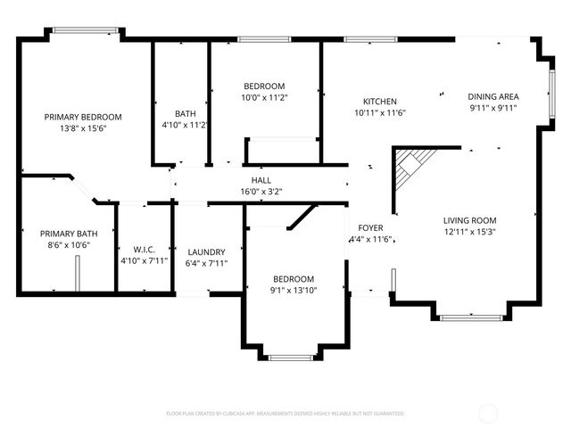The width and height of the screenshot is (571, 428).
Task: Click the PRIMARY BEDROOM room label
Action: [x=83, y=117]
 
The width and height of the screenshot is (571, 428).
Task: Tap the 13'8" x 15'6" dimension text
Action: [x=83, y=128]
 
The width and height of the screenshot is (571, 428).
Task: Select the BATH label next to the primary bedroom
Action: [x=185, y=113]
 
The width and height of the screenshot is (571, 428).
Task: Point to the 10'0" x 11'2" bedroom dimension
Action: [x=264, y=98]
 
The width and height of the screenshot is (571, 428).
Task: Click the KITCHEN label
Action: [x=379, y=102]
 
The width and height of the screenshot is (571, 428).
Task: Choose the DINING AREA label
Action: [x=493, y=96]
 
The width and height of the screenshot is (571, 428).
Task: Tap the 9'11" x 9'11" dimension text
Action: [x=493, y=108]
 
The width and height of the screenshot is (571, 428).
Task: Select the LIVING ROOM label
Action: [x=470, y=220]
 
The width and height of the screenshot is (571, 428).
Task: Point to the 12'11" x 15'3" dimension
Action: [x=470, y=232]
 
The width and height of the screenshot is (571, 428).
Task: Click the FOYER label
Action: [x=370, y=228]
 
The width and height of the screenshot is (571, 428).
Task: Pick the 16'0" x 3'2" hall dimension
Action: [x=261, y=191]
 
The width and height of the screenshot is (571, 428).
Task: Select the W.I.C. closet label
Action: [x=144, y=250]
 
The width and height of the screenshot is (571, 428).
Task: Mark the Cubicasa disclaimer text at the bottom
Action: [x=285, y=414]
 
